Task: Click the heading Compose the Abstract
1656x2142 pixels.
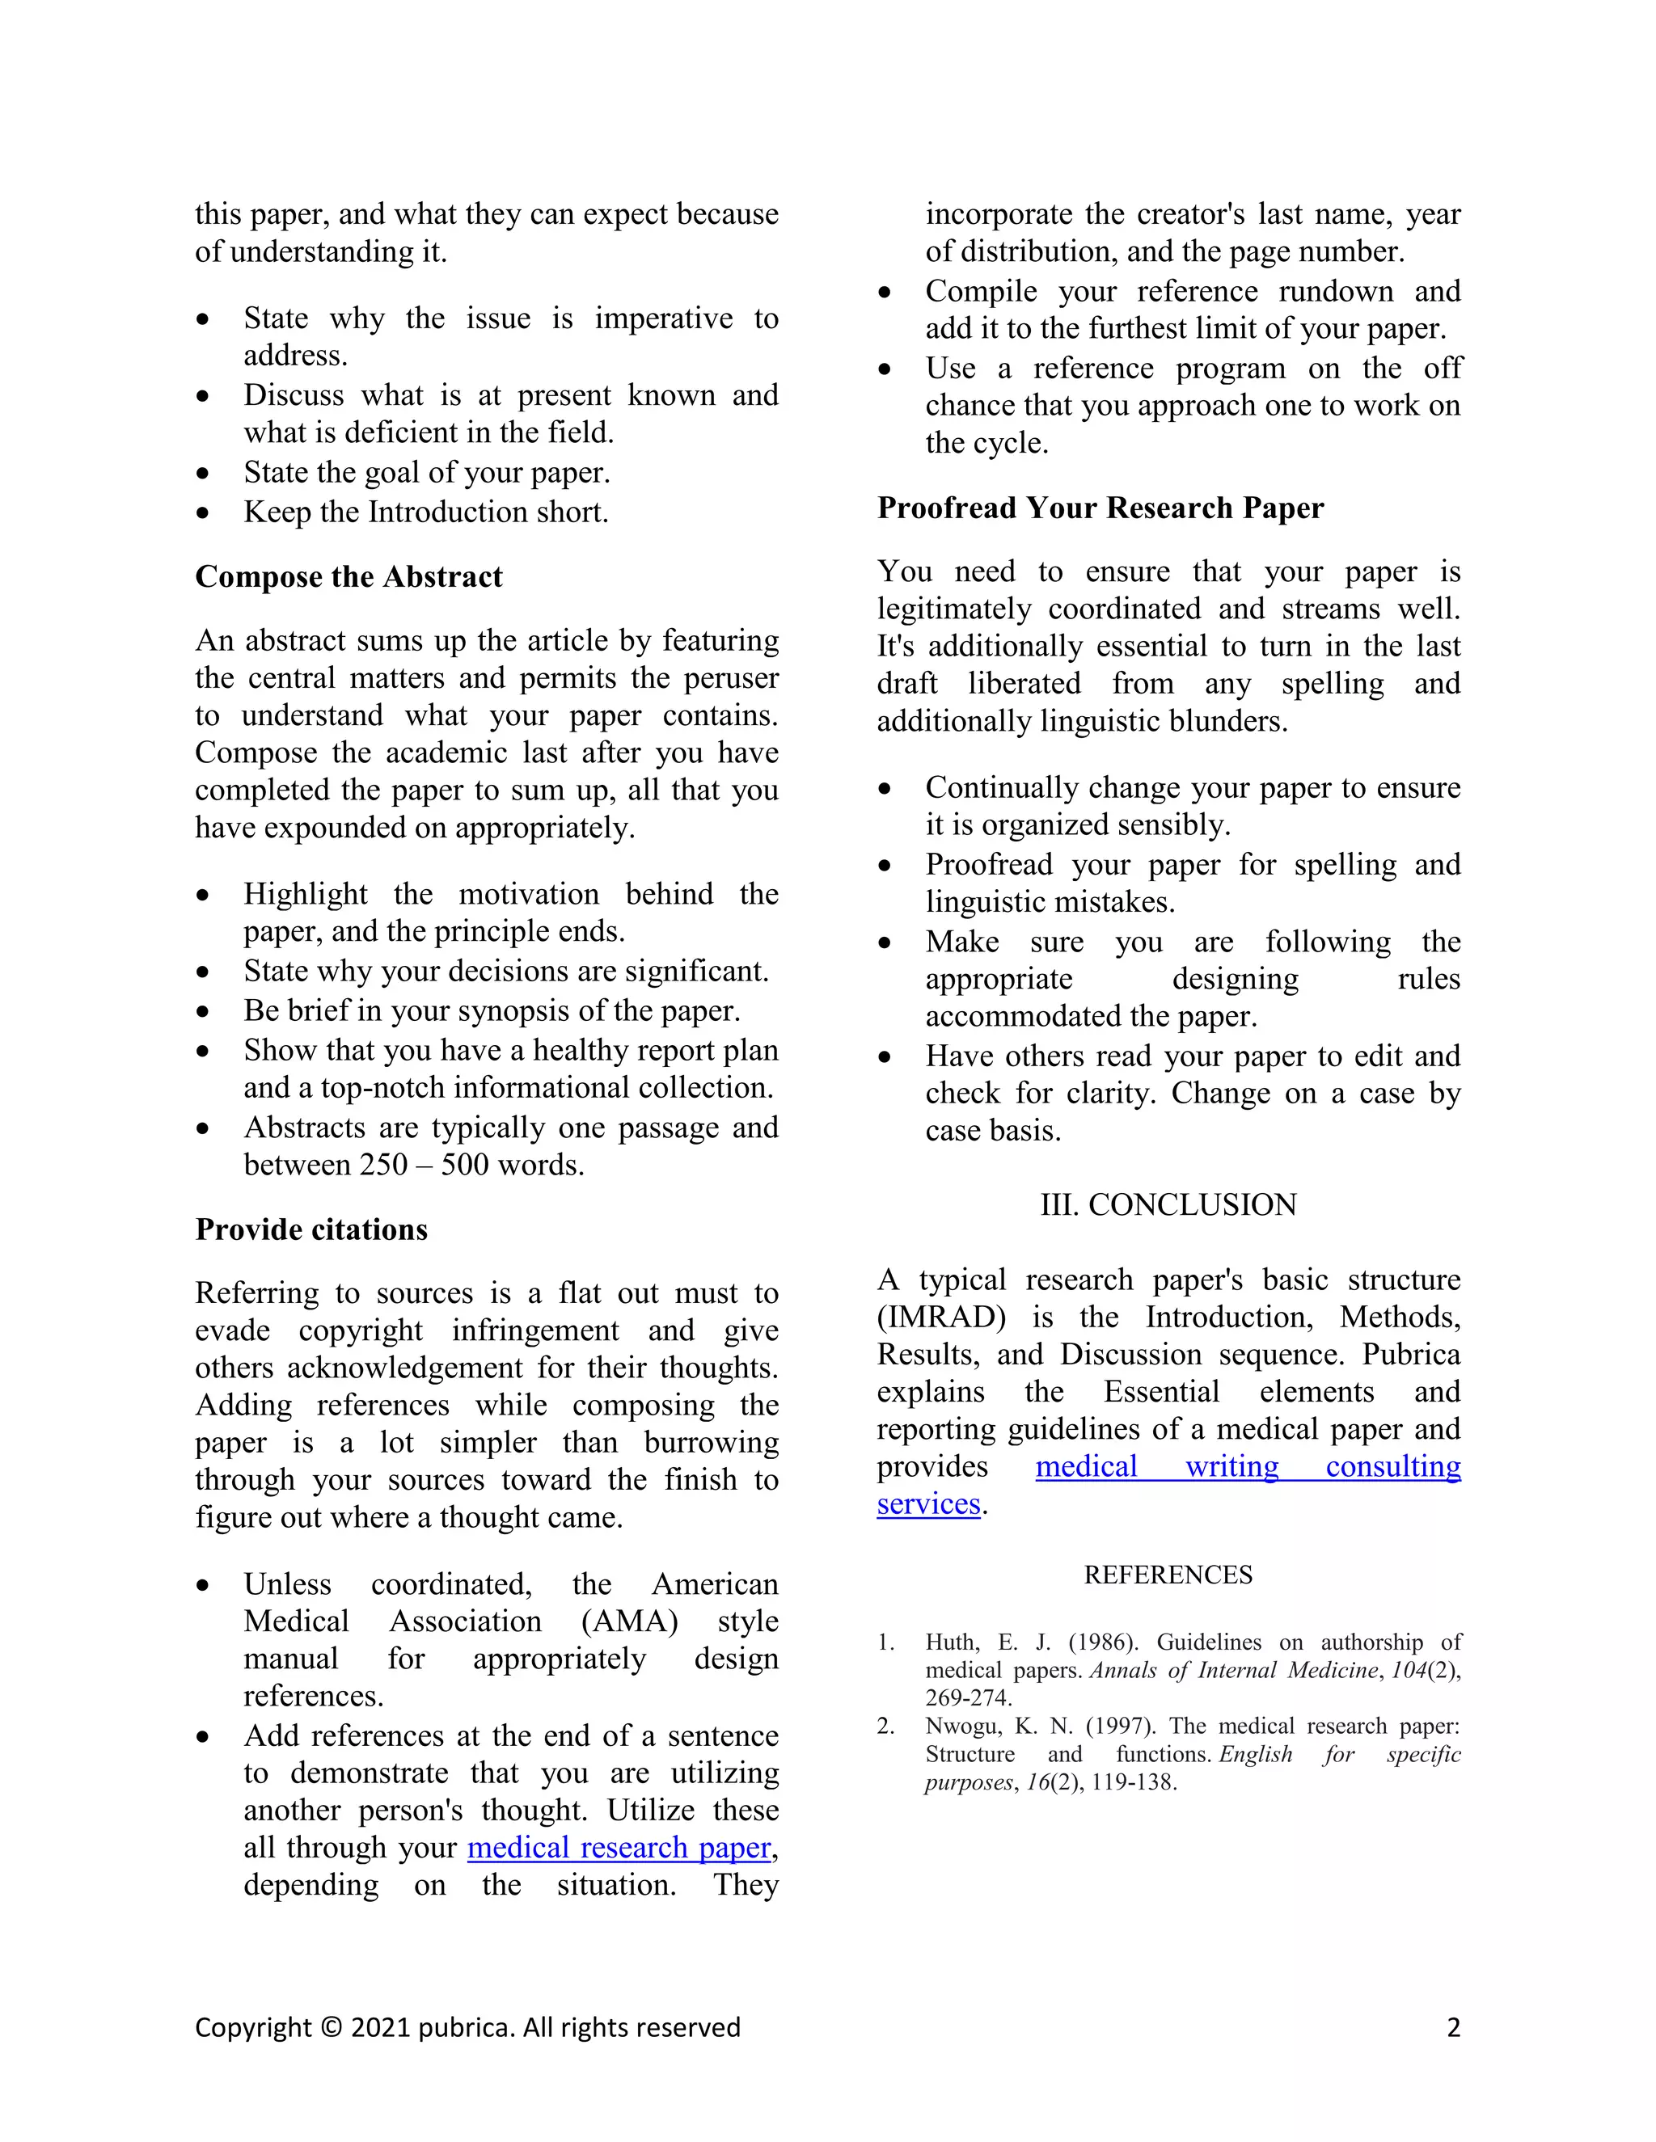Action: click(349, 576)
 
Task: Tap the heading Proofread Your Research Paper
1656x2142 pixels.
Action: click(1100, 508)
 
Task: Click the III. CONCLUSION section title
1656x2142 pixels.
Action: click(1168, 1204)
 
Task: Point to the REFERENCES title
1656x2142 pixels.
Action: click(1168, 1575)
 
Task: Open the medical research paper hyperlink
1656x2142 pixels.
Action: click(619, 1848)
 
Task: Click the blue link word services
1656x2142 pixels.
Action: click(928, 1504)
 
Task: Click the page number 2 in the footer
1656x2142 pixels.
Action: click(1453, 2028)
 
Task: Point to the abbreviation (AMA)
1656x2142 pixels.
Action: click(629, 1621)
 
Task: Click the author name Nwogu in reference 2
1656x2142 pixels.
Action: click(962, 1727)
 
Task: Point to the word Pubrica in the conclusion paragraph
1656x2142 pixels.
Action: click(1411, 1355)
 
